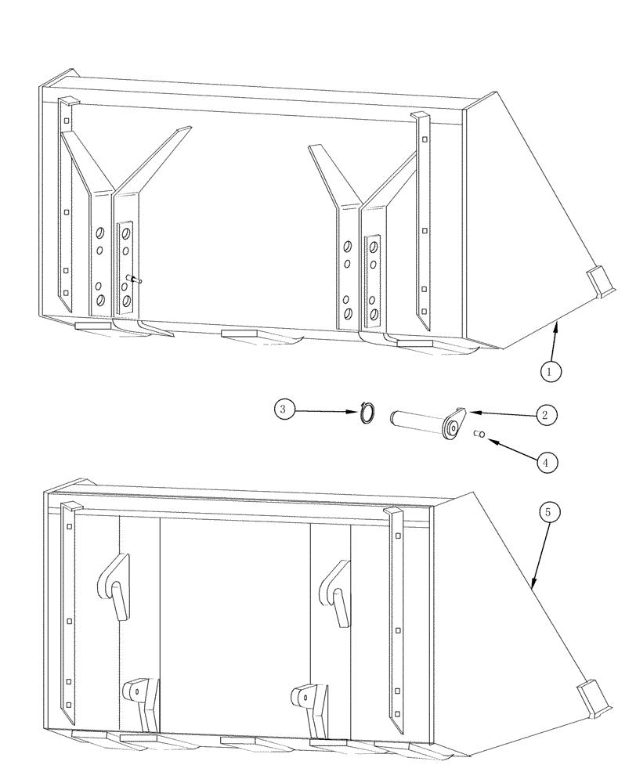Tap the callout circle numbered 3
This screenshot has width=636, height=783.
[285, 409]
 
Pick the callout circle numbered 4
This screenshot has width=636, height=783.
[547, 462]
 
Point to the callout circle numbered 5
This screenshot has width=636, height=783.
[548, 512]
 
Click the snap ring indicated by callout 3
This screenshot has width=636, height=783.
[367, 413]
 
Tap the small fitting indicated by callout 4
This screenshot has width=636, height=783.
[481, 435]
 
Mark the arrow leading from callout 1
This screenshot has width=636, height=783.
[555, 341]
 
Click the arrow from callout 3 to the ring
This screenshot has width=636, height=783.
[328, 410]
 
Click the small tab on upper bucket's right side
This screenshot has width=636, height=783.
[600, 280]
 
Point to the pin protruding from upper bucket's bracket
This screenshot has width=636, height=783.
[132, 278]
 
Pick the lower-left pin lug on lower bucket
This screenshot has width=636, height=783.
[139, 694]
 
